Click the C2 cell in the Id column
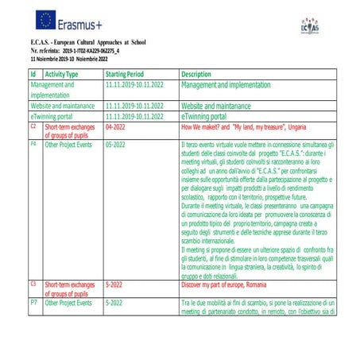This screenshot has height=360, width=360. [33, 126]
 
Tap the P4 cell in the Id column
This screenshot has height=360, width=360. [33, 145]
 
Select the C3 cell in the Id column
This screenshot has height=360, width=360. [33, 283]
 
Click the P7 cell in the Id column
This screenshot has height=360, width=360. [33, 303]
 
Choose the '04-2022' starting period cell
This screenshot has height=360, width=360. [116, 126]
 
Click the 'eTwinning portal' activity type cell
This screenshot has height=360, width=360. [57, 115]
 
